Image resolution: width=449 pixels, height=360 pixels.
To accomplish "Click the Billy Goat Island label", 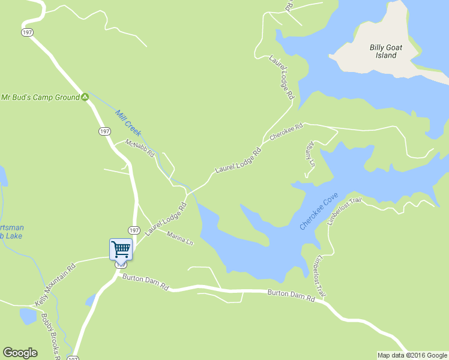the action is pos(382,51).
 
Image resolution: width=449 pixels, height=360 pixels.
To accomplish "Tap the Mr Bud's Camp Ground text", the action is pos(40,97).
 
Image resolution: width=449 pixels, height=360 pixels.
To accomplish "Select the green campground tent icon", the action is pos(85,97).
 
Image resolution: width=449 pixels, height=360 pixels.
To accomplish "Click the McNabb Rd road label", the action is pos(140,148).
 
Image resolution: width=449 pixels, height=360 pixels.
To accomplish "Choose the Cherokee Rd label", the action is pos(287,132).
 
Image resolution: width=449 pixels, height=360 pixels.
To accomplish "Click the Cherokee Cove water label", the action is pos(319,211).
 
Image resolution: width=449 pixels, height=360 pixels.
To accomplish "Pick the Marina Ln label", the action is pos(180,238).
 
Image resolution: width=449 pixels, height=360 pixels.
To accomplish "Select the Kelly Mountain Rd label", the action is pos(55,284).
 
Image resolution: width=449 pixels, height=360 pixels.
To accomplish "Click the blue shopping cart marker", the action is pos(121,249).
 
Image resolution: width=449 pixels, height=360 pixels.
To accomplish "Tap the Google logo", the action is pos(20,353).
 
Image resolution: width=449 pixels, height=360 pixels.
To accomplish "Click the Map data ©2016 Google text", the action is pos(412,355).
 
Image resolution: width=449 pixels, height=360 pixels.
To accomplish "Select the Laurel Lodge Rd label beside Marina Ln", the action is pos(166,219).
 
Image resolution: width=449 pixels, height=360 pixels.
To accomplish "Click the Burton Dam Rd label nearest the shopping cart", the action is pos(145,281).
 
